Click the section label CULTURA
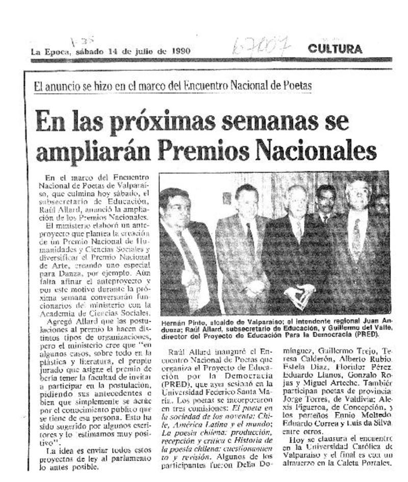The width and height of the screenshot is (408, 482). coord(335,49)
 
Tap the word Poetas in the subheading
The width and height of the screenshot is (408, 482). coord(295,86)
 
